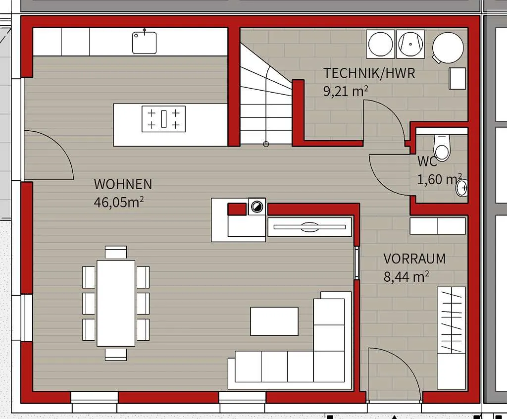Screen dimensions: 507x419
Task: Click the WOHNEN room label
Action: click(x=123, y=184)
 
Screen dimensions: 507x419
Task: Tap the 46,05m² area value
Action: click(x=119, y=203)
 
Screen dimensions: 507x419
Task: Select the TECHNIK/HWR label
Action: click(x=369, y=73)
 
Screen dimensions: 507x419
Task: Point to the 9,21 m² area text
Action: click(x=346, y=91)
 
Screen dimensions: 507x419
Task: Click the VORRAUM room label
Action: click(x=414, y=259)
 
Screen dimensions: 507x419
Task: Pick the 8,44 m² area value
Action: click(x=406, y=277)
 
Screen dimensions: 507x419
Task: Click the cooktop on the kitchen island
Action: click(x=163, y=119)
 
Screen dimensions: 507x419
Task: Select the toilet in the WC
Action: click(x=442, y=147)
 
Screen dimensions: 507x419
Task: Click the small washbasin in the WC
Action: click(x=462, y=188)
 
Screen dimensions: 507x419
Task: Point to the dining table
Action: click(x=116, y=303)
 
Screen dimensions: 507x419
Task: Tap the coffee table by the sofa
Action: click(x=274, y=321)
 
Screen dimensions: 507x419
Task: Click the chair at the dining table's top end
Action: click(x=116, y=252)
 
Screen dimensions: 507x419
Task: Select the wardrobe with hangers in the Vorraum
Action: click(x=452, y=338)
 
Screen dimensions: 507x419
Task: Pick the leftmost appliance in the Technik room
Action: click(x=381, y=44)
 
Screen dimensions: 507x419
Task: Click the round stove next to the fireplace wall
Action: click(x=257, y=207)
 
